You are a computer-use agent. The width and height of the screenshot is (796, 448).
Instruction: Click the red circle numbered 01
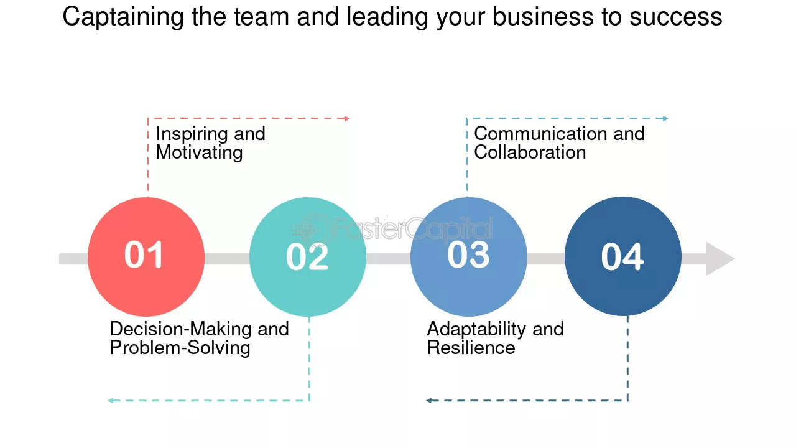point(146,257)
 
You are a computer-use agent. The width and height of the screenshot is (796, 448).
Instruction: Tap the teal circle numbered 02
point(308,257)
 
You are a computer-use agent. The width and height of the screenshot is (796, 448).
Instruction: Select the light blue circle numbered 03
point(469,257)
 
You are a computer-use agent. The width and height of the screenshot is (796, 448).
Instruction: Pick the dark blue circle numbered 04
point(623,256)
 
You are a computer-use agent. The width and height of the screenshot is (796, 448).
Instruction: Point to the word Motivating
point(200,153)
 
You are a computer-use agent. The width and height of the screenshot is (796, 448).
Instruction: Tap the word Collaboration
point(530,152)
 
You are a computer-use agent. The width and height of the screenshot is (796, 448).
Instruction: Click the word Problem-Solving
point(180,348)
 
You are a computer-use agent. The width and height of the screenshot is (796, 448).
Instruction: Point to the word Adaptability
point(476,330)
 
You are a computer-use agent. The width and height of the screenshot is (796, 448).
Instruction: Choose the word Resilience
point(471,347)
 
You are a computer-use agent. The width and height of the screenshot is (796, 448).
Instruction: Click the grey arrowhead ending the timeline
point(720,259)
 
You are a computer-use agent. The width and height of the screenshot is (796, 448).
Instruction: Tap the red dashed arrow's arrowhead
point(347,118)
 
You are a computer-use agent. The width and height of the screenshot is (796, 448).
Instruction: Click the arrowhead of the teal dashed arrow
point(111,401)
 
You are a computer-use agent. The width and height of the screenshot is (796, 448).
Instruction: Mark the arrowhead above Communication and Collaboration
point(665,118)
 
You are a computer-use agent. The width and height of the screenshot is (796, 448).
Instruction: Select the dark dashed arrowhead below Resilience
point(429,401)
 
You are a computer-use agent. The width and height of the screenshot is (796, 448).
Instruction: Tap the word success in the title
point(676,17)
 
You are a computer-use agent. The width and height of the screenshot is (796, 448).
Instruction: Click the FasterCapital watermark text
point(414,228)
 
